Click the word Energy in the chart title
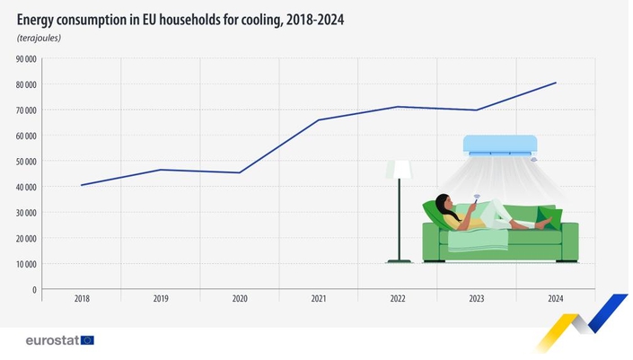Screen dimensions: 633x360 point(35,20)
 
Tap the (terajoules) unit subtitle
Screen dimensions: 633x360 point(40,38)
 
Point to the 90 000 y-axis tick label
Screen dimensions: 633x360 point(26,59)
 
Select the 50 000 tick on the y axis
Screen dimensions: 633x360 point(26,161)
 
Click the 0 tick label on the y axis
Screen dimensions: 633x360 point(34,289)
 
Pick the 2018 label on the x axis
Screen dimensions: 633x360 point(82,299)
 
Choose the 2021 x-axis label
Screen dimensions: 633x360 point(319,299)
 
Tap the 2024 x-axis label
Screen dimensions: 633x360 point(556,299)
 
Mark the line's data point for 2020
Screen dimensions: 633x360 point(240,172)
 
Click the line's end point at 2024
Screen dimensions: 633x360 point(556,83)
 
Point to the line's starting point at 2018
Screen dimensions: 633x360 point(82,185)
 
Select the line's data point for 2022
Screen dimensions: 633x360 point(398,107)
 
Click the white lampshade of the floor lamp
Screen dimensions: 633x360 point(402,170)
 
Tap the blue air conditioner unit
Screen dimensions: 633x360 point(500,145)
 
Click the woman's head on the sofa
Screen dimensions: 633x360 point(444,203)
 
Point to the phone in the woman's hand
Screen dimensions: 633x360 point(477,200)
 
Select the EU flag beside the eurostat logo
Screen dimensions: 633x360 point(87,340)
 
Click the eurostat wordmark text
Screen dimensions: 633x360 point(52,340)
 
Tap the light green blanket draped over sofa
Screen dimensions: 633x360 point(478,240)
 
